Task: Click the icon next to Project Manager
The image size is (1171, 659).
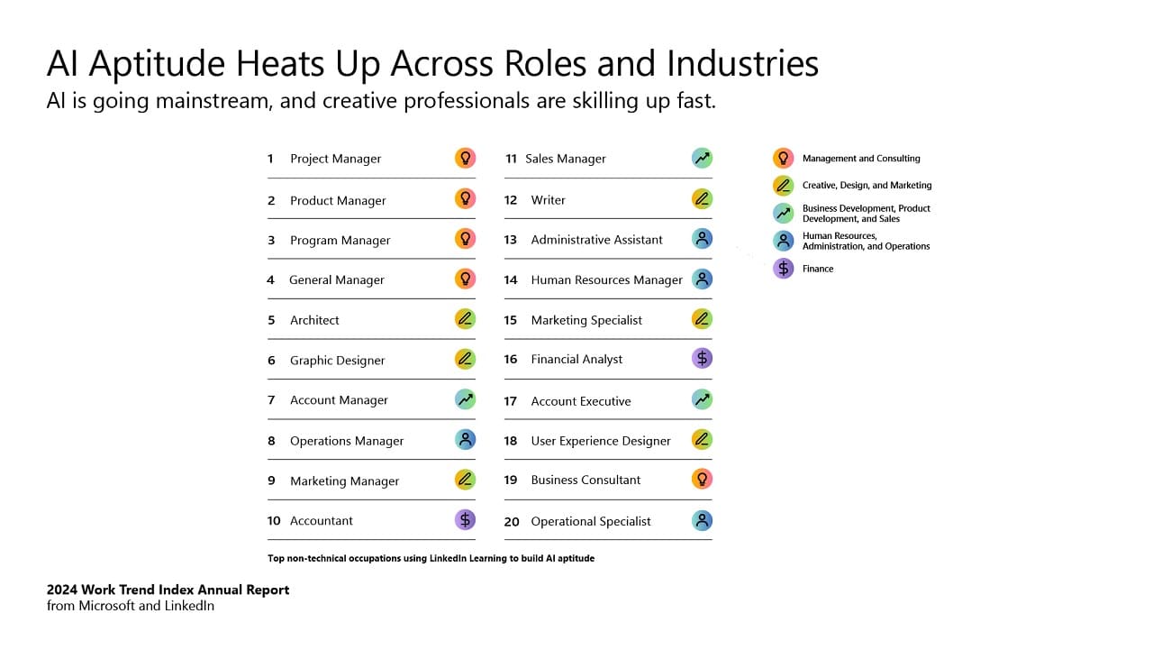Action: click(465, 158)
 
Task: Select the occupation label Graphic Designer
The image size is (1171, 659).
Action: click(337, 361)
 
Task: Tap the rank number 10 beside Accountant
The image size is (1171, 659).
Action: click(274, 521)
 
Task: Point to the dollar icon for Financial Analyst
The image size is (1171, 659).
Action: click(702, 359)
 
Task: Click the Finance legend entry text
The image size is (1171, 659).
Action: click(818, 269)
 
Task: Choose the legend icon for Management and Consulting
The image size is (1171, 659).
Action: click(783, 158)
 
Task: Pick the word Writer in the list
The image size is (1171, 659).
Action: click(548, 200)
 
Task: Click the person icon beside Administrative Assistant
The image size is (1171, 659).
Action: click(702, 239)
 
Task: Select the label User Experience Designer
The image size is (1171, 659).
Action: click(601, 441)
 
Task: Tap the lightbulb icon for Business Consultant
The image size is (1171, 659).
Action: click(702, 480)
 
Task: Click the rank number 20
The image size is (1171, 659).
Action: click(512, 521)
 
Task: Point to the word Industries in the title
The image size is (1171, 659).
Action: click(742, 64)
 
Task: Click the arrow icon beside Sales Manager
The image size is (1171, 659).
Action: click(702, 158)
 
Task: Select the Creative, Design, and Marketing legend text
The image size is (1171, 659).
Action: click(867, 186)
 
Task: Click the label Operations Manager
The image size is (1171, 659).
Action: click(347, 441)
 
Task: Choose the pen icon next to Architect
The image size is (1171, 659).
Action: click(465, 319)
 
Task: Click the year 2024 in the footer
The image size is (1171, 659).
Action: click(62, 590)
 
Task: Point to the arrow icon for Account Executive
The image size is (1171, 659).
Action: click(702, 399)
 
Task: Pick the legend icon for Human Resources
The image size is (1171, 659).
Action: click(783, 241)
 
